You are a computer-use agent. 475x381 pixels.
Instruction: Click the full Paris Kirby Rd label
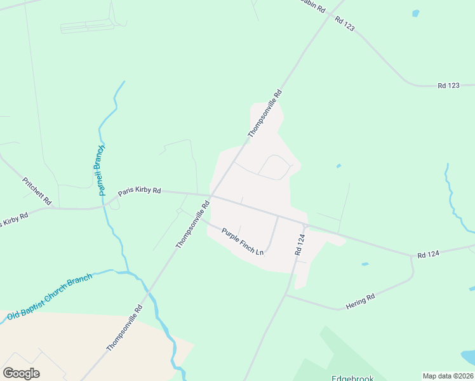pos(140,190)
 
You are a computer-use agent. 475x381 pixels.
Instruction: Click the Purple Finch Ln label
pos(242,241)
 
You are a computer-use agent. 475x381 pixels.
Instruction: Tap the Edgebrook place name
pos(352,378)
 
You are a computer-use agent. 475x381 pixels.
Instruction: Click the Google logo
pos(21,373)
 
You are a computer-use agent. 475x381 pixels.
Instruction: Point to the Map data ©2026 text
pos(448,376)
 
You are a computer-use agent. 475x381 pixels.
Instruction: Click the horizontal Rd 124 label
pos(429,254)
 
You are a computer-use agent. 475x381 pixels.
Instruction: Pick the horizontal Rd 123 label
pos(448,85)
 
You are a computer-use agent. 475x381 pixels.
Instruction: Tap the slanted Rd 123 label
pos(344,24)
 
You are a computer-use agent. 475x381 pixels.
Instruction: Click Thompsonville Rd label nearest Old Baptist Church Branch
pos(124,327)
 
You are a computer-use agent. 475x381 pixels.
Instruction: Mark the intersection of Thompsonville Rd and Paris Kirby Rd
pos(211,195)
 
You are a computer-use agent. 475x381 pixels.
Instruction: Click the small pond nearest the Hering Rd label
pos(365,264)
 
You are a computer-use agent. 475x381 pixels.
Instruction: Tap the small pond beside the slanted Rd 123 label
pos(416,13)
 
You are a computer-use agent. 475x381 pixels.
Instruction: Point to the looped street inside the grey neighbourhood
pos(275,167)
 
